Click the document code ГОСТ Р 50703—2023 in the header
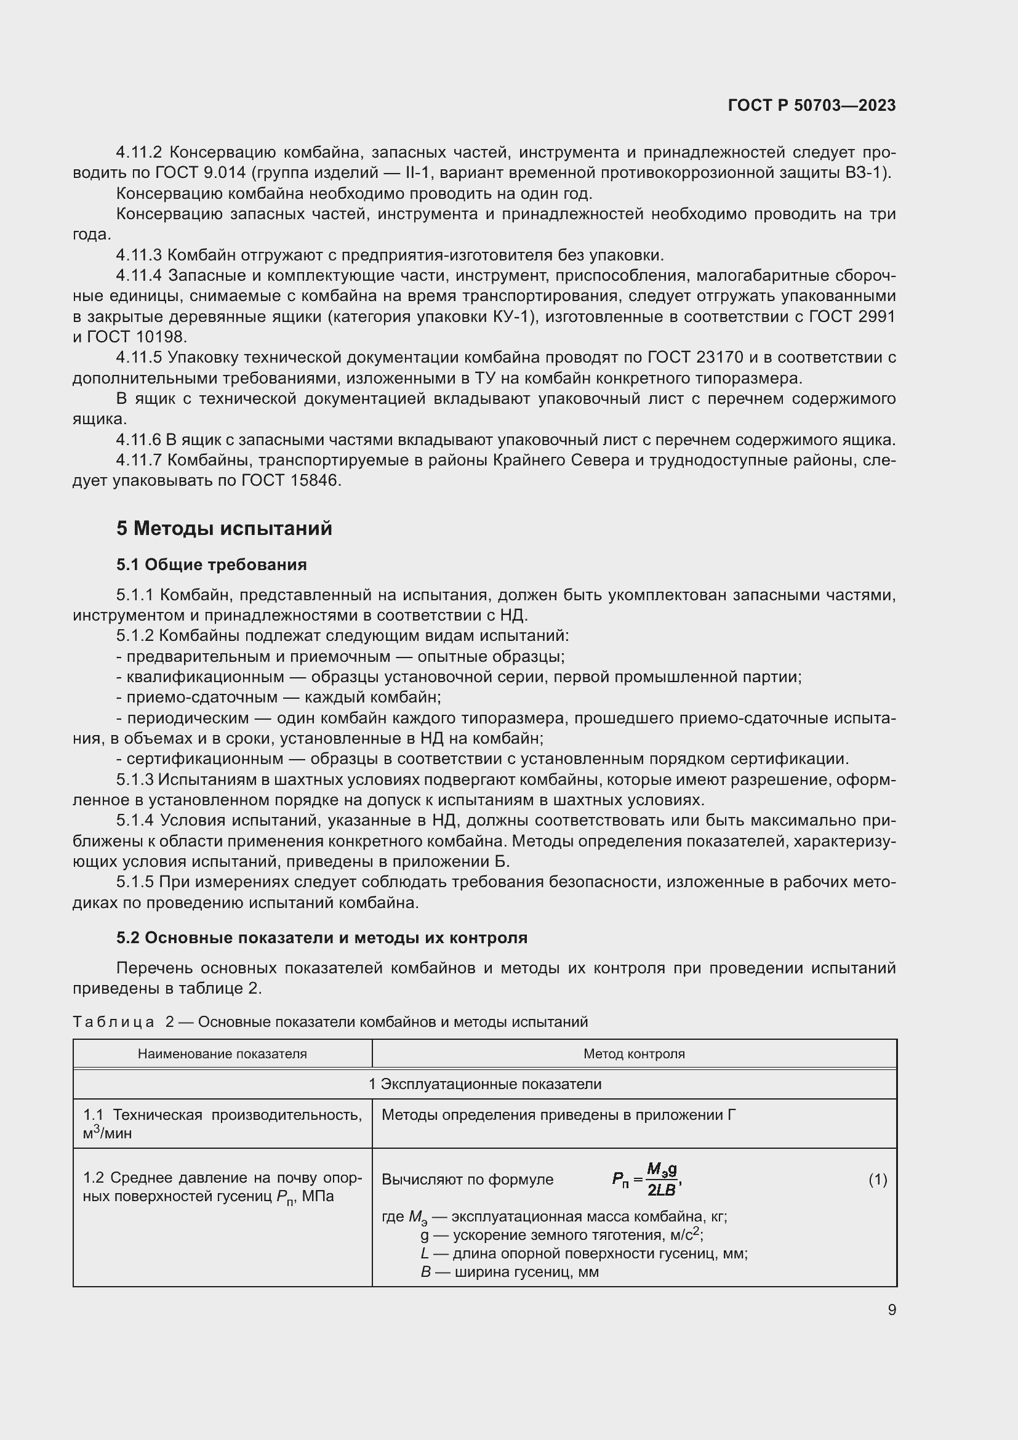click(812, 105)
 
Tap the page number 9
click(891, 1309)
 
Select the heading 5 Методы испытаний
click(224, 528)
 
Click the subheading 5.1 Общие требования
click(211, 565)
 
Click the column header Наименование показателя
click(222, 1053)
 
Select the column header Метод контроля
click(634, 1053)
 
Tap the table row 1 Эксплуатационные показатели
click(484, 1084)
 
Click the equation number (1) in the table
click(878, 1180)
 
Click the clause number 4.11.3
click(138, 255)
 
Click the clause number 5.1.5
click(135, 882)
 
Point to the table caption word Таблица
click(113, 1022)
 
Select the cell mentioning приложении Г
click(558, 1114)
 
